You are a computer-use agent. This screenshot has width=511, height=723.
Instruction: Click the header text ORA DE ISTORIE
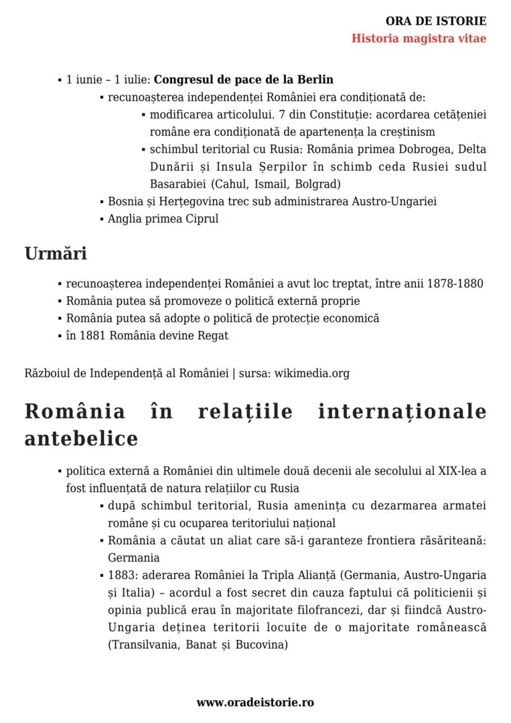click(436, 22)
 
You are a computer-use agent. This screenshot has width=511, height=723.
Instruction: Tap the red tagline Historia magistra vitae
click(418, 38)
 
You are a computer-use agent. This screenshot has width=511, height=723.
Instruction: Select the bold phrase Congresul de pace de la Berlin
click(243, 80)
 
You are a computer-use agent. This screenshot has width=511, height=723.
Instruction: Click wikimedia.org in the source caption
click(312, 374)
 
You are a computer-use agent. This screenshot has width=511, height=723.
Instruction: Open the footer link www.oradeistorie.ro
click(255, 703)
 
